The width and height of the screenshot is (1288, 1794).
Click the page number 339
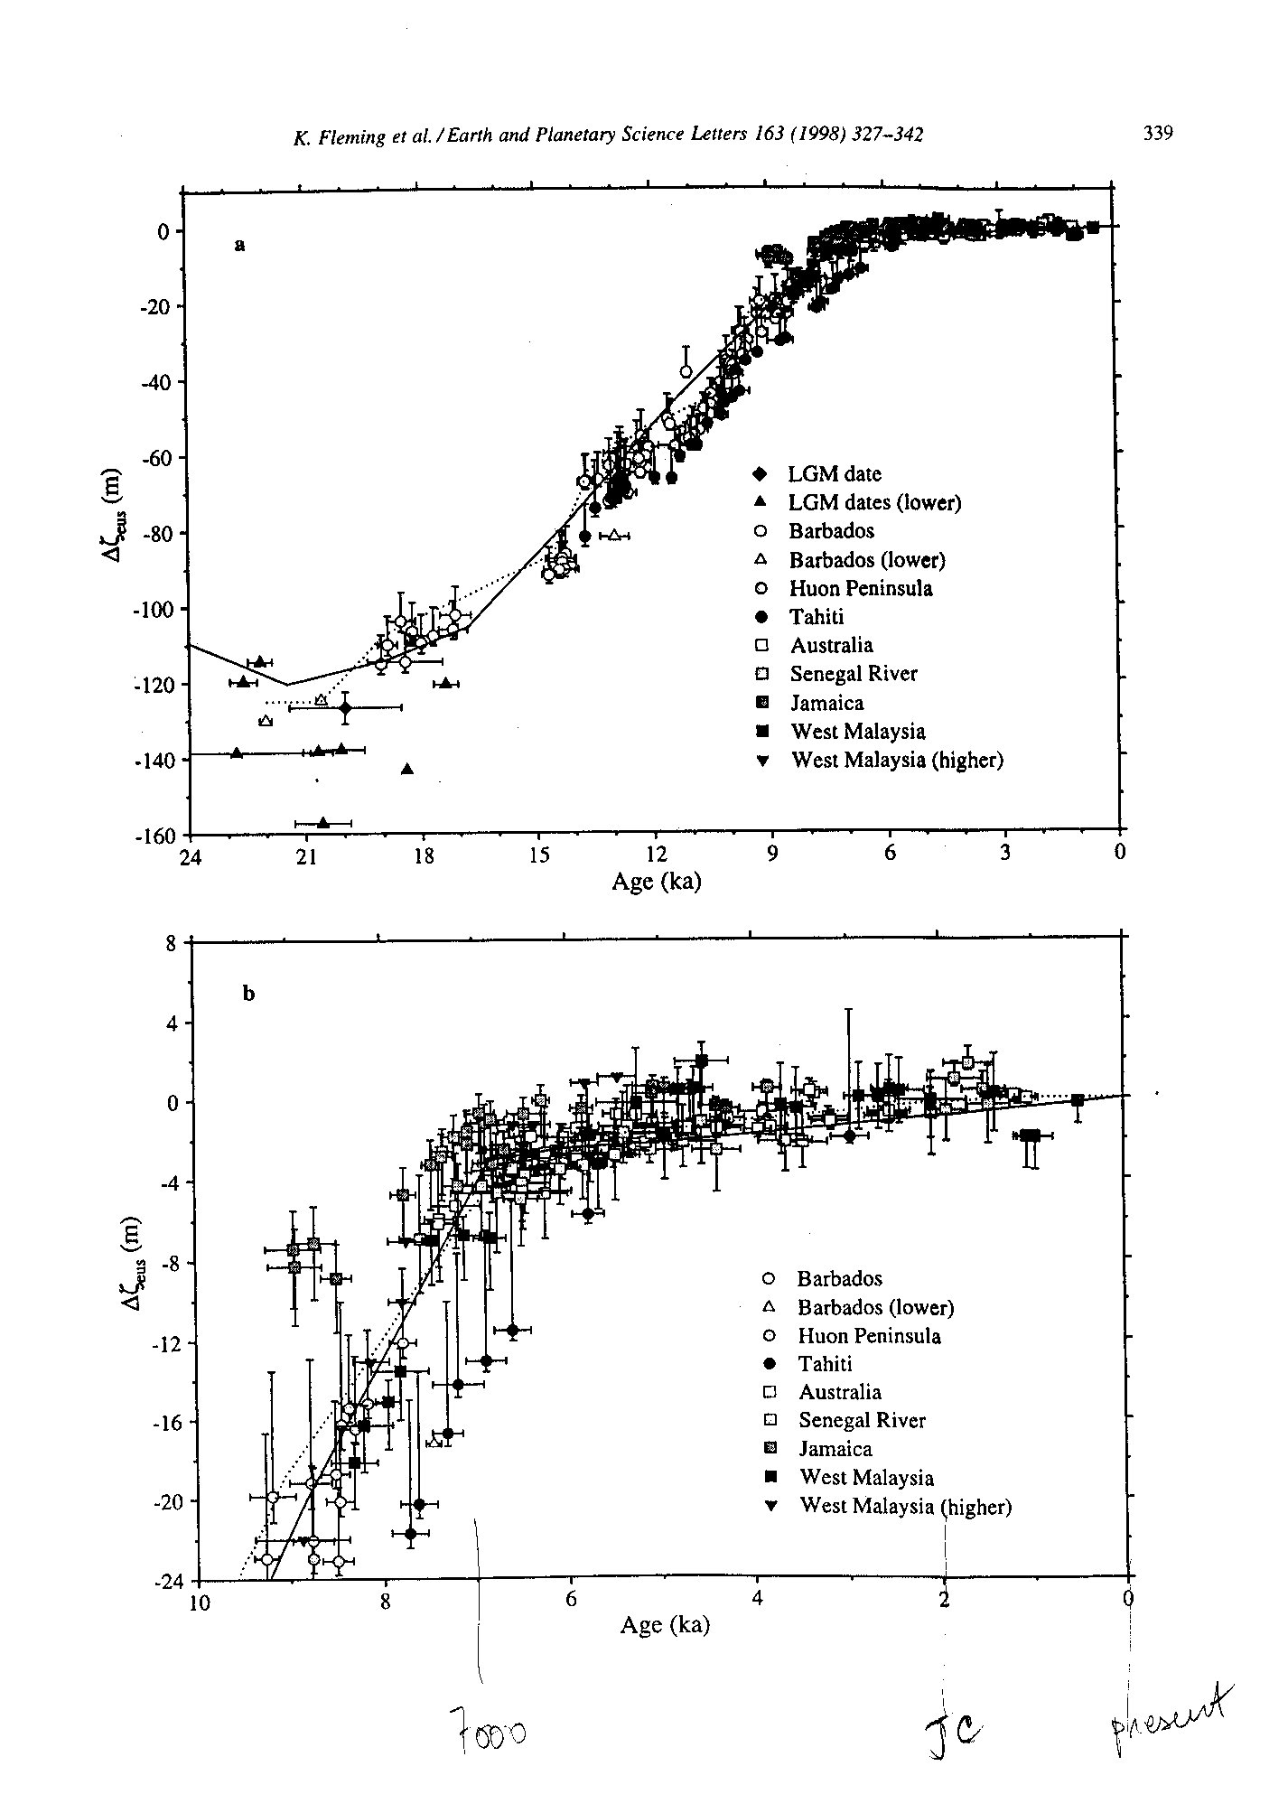pos(1157,134)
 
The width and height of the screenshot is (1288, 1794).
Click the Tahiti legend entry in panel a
pos(804,617)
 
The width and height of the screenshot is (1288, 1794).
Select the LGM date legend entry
pos(817,473)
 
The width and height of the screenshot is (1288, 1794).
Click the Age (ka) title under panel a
pos(657,882)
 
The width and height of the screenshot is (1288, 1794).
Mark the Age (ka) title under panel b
pos(665,1625)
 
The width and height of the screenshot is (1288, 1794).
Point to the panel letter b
pos(249,995)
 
